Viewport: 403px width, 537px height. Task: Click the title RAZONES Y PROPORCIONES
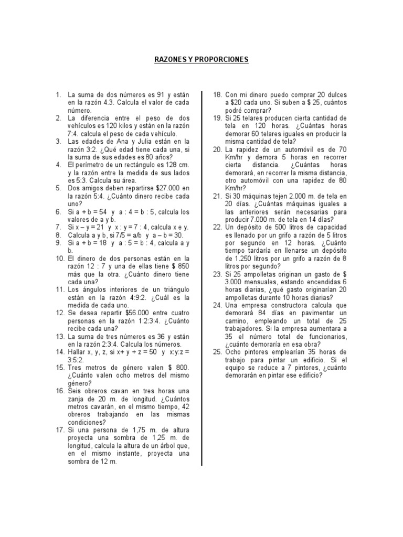pyautogui.click(x=201, y=60)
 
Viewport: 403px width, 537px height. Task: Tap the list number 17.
pyautogui.click(x=58, y=430)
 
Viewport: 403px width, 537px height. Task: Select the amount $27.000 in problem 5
pyautogui.click(x=165, y=188)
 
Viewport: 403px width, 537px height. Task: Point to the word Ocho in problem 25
pyautogui.click(x=234, y=352)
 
